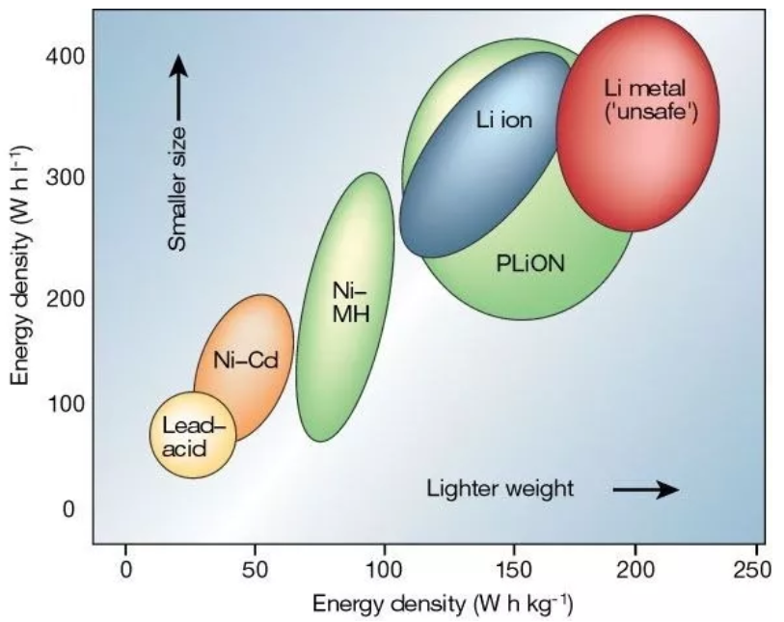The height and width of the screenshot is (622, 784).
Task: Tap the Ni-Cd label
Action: pyautogui.click(x=246, y=363)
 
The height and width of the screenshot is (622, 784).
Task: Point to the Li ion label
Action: pyautogui.click(x=503, y=122)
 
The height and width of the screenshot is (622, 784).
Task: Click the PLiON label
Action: pyautogui.click(x=530, y=263)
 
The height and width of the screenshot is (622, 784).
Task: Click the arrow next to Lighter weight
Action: pyautogui.click(x=645, y=490)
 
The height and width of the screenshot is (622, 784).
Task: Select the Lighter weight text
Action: pyautogui.click(x=500, y=489)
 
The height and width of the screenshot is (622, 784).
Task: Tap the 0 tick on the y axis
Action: pyautogui.click(x=68, y=509)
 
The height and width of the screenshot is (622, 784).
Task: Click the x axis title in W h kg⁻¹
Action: pyautogui.click(x=443, y=605)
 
